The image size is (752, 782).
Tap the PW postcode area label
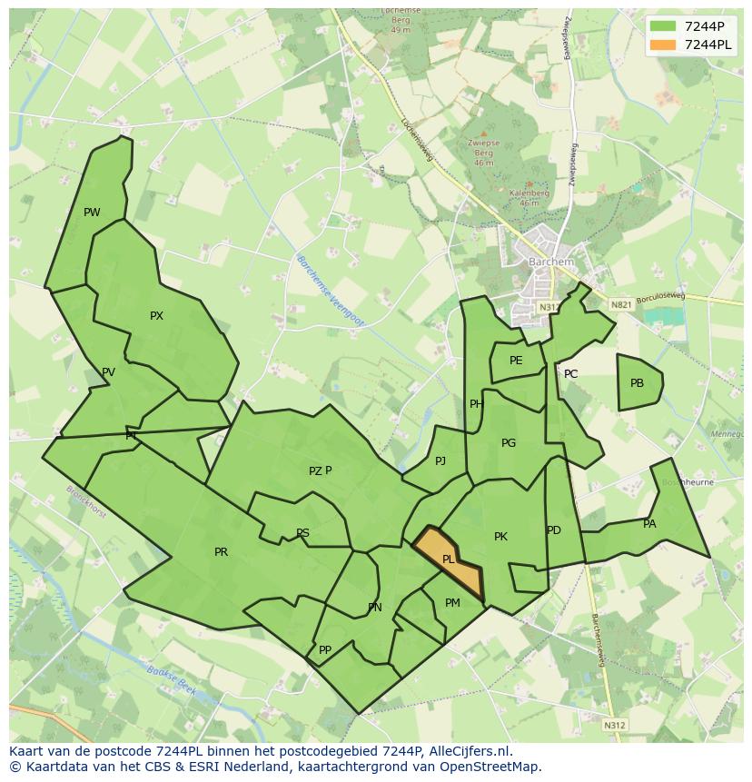(92, 213)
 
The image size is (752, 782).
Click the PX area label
(156, 316)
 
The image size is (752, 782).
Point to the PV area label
(108, 372)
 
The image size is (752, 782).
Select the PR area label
(221, 552)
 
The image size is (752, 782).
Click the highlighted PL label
(449, 559)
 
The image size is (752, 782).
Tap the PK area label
(500, 537)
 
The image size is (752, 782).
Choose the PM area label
(452, 603)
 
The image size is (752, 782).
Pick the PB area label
(637, 383)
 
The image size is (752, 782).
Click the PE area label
(516, 361)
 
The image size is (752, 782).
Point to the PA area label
(649, 524)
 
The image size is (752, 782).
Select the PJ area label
(440, 461)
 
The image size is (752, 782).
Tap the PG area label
(509, 443)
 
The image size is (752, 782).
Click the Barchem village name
(551, 262)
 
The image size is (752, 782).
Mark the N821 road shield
(621, 305)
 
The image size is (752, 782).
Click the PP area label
(325, 650)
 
